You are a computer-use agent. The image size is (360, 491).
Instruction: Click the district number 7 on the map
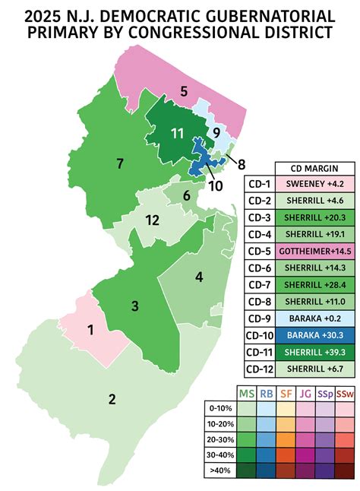(x=119, y=163)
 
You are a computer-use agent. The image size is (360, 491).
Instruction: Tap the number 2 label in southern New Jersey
(x=112, y=400)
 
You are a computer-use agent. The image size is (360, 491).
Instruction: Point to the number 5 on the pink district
(x=183, y=92)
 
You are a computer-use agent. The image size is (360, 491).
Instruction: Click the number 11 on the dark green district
(x=177, y=134)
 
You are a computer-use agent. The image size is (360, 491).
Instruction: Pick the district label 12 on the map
(x=152, y=220)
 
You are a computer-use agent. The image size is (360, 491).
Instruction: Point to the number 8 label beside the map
(x=242, y=163)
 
